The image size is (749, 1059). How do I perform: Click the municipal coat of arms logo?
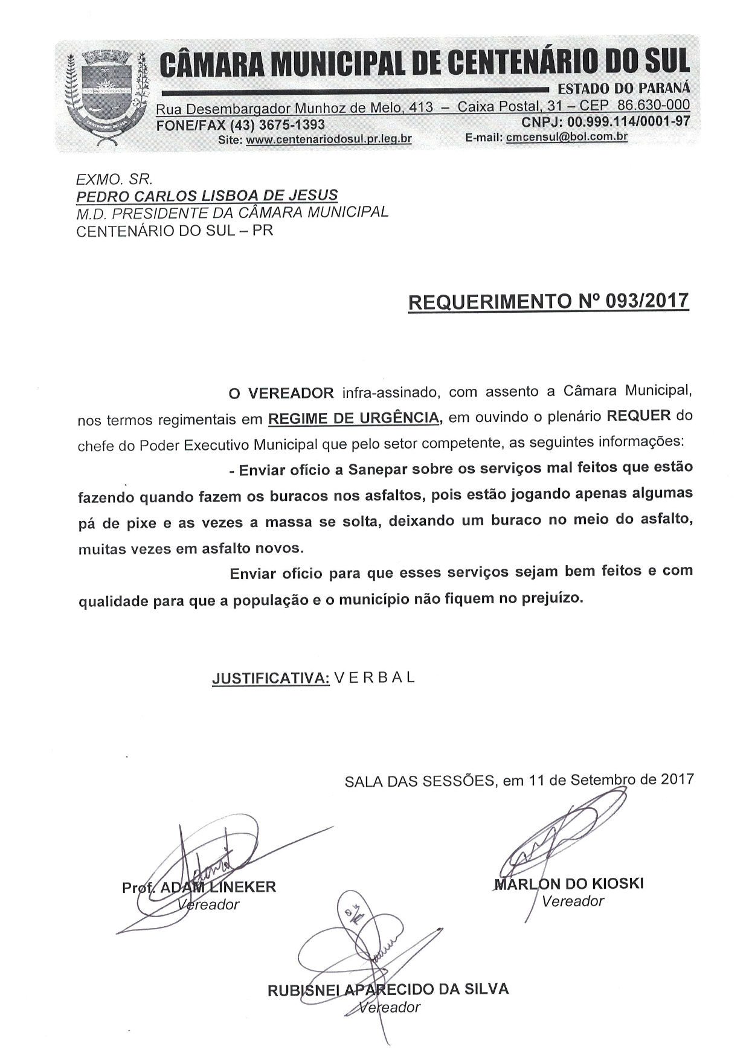[106, 97]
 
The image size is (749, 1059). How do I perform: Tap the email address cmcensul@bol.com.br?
[567, 137]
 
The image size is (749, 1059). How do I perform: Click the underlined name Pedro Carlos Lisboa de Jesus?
[207, 196]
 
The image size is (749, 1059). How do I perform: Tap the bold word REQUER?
[639, 416]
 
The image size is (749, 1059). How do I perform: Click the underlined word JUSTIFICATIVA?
[270, 678]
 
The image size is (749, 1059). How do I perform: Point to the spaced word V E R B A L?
[374, 677]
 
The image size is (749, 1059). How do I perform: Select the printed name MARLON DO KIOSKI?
[569, 884]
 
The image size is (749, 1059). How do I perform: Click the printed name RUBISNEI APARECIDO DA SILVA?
[388, 990]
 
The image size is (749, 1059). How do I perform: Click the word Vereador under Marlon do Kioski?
[573, 901]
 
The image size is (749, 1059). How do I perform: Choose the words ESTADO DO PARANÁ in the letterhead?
[623, 89]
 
